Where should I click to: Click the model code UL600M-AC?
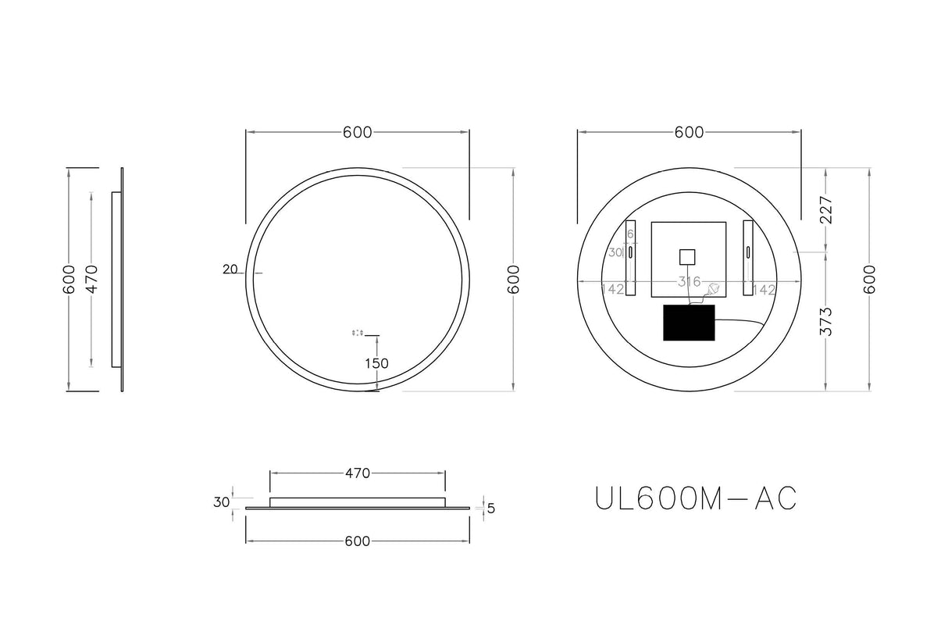tap(695, 498)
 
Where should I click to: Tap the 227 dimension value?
tap(827, 210)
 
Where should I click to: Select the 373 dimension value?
tap(827, 322)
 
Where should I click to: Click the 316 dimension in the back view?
tap(689, 281)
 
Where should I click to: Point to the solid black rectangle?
tap(689, 323)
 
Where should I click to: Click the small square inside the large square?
tap(687, 257)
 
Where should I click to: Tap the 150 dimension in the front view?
tap(376, 363)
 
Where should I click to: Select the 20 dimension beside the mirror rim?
tap(230, 270)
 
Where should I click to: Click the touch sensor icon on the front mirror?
tap(358, 333)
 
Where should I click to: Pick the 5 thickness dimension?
tap(490, 509)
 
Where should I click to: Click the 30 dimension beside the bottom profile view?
tap(222, 502)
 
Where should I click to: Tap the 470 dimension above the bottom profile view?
tap(357, 473)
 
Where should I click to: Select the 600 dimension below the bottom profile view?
tap(357, 541)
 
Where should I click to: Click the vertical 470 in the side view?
tap(91, 279)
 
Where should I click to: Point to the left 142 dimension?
tap(613, 289)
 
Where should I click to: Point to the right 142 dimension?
tap(764, 289)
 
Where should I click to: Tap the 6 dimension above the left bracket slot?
tap(631, 234)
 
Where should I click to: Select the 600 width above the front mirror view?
tap(357, 133)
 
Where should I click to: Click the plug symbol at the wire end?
tap(712, 290)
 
